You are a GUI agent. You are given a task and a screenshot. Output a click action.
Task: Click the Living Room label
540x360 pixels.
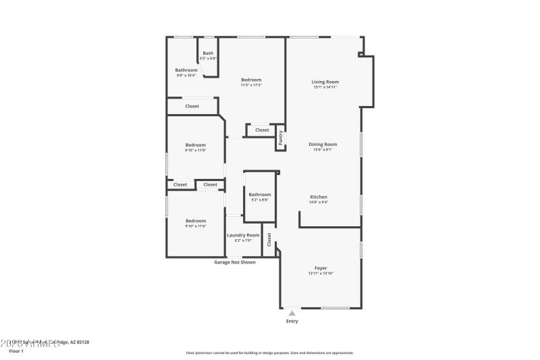tap(325, 82)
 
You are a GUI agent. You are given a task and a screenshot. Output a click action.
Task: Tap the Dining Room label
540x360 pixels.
tap(323, 144)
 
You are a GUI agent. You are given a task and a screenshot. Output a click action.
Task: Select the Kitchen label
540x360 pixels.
tap(319, 197)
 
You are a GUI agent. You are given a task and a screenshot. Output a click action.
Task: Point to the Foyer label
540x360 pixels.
tap(321, 268)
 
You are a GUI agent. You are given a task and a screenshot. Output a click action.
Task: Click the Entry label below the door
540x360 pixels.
tap(292, 321)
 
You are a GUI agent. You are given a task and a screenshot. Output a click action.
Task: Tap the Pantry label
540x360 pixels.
tap(281, 138)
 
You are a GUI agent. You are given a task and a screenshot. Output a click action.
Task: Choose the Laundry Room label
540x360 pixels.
tap(243, 235)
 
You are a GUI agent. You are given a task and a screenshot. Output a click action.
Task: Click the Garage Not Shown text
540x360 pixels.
tap(234, 262)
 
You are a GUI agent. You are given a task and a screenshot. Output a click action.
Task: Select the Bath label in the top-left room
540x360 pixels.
tap(208, 53)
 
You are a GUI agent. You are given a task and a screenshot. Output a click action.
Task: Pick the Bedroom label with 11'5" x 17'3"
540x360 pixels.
tap(251, 80)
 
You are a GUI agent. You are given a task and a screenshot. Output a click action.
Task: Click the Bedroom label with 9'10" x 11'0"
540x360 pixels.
tap(196, 145)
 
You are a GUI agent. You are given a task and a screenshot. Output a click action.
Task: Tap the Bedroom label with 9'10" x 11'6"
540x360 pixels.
tap(196, 221)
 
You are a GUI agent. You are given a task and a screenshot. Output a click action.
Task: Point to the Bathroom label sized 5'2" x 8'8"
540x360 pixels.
tap(260, 195)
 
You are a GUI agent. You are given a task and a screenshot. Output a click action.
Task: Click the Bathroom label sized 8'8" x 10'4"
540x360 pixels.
tap(186, 70)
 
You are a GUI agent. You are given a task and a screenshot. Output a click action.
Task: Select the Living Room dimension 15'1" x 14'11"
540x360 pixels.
tap(325, 87)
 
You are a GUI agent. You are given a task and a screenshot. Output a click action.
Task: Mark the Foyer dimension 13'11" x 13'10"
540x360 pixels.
tap(321, 273)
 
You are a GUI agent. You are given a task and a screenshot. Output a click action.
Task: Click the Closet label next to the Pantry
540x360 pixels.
tap(262, 130)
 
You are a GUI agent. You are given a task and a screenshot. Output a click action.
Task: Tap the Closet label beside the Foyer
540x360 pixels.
tap(269, 240)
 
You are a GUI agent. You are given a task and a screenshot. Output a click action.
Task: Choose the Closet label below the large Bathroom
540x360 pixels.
tap(192, 106)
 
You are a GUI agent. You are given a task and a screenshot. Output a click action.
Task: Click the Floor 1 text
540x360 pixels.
tap(16, 351)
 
